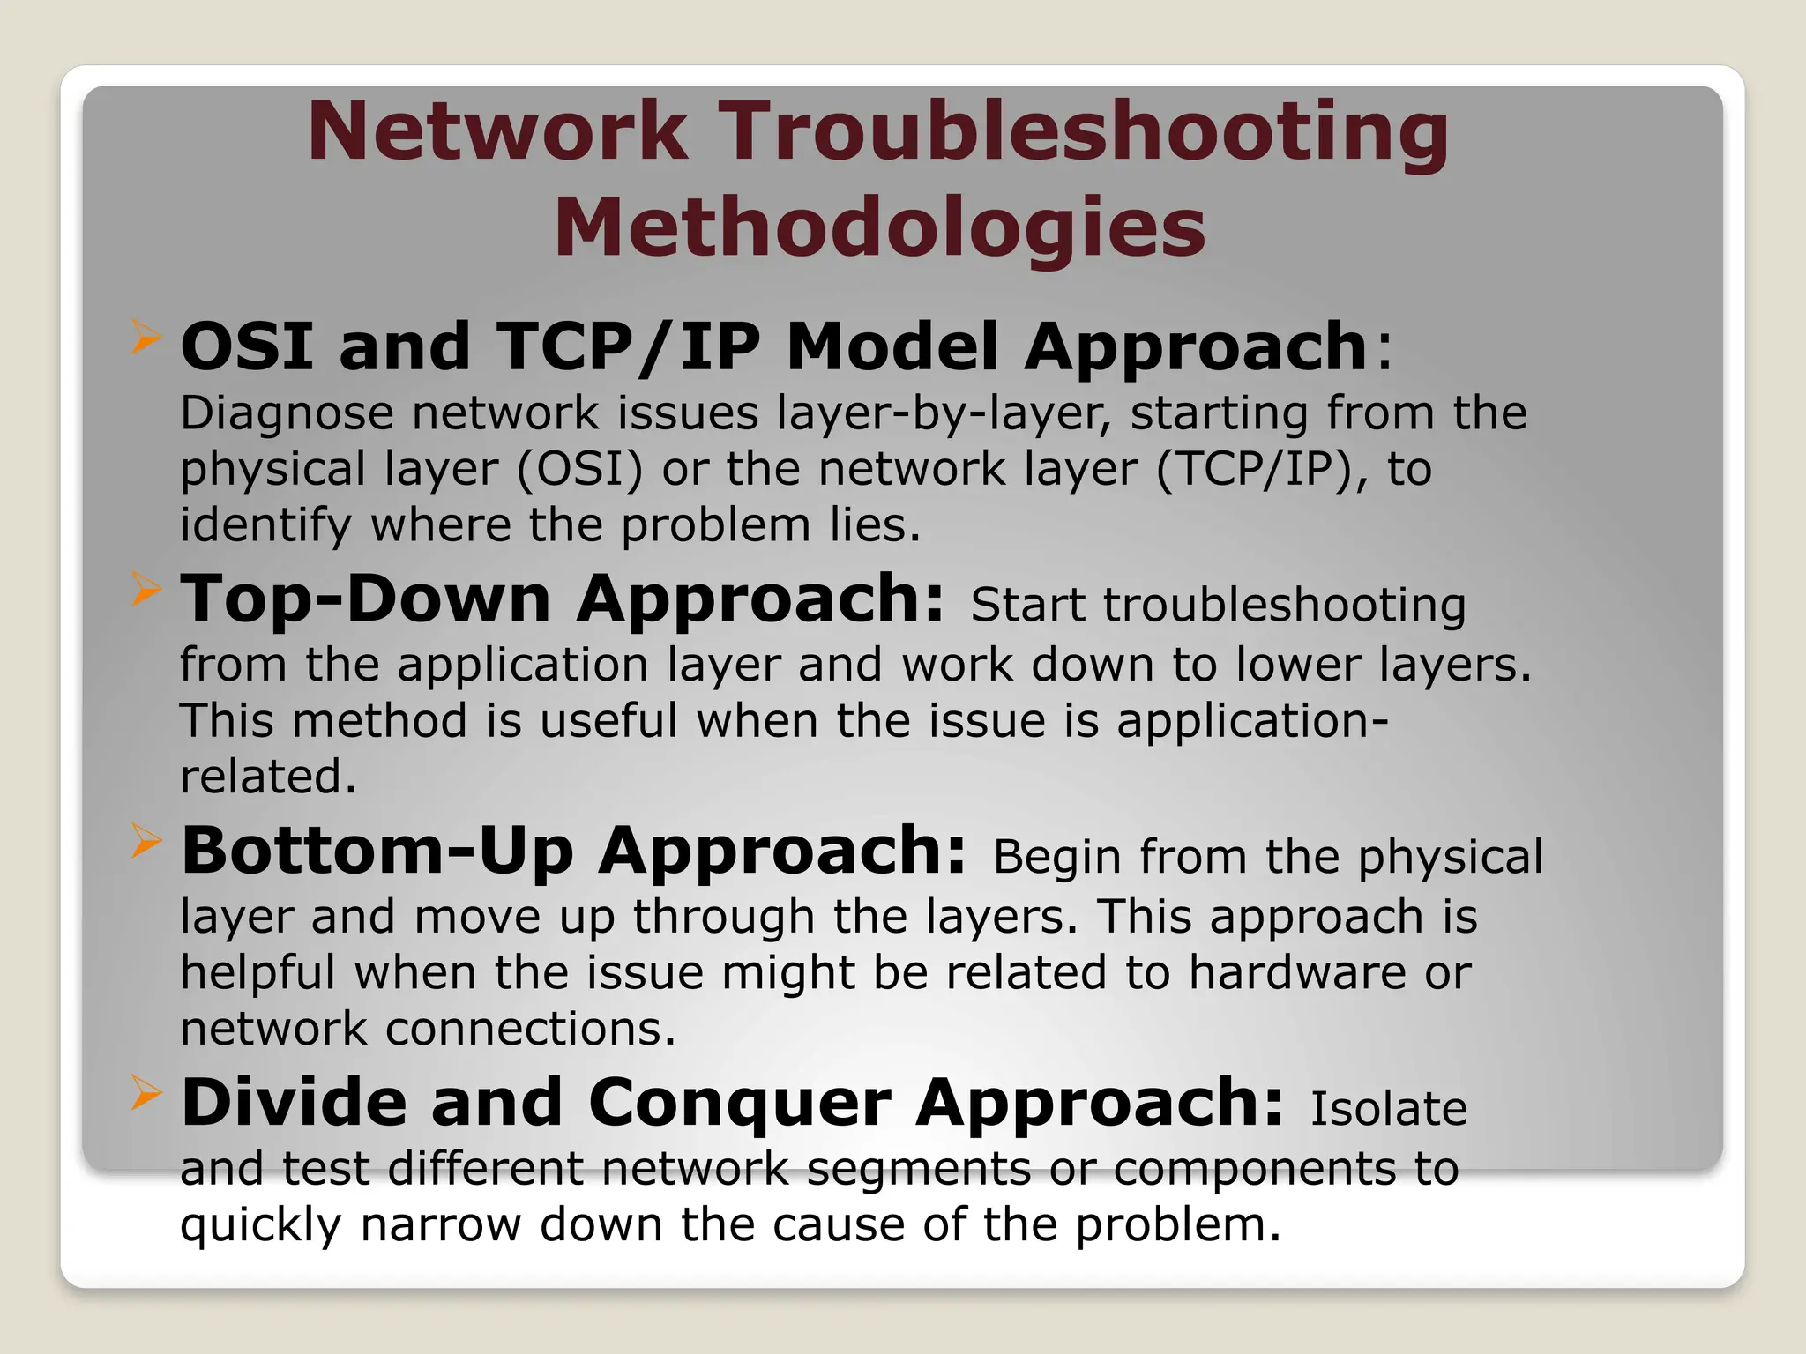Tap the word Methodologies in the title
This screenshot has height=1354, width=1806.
coord(879,227)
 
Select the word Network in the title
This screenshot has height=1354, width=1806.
coord(497,132)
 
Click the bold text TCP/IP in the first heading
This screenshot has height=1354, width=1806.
coord(629,346)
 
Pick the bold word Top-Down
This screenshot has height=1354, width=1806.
coord(365,599)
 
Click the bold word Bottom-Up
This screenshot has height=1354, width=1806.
coord(377,852)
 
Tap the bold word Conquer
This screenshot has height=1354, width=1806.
coord(739,1103)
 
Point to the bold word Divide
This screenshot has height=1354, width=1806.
coord(294,1103)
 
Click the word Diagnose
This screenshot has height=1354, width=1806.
coord(287,414)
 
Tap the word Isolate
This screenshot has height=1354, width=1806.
coord(1388,1110)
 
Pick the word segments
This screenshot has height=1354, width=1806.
coord(918,1171)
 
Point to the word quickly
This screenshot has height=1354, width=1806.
coord(260,1226)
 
